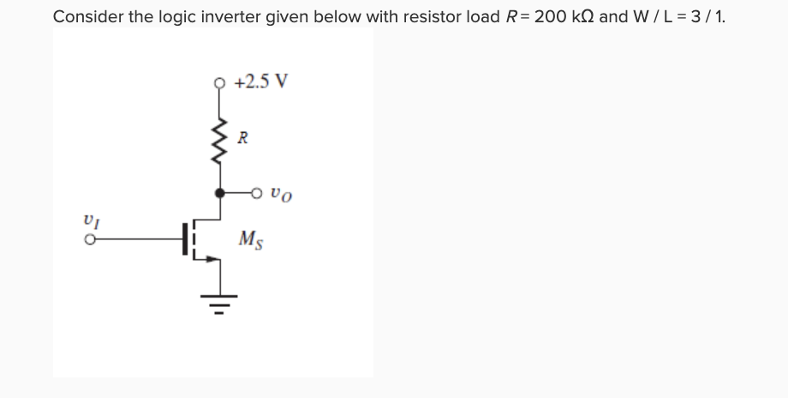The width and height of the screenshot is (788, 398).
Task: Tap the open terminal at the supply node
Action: [x=220, y=84]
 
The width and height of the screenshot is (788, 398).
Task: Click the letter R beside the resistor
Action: [x=243, y=136]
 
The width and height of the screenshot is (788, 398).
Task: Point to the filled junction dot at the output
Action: [x=220, y=193]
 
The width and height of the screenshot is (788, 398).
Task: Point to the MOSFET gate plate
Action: [x=185, y=240]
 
